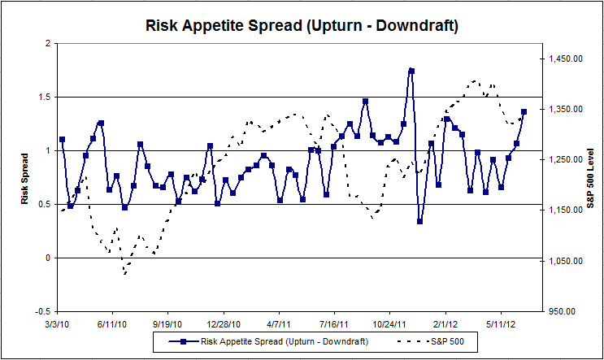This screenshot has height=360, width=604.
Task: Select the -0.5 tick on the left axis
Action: (42, 311)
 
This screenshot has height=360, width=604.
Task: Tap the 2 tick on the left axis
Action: (49, 43)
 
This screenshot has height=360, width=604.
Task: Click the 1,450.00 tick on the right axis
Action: (566, 59)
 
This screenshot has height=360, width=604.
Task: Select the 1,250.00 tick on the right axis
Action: (566, 160)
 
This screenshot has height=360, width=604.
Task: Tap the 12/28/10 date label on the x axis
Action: (223, 323)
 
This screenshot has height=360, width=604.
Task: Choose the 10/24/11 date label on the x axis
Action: (389, 323)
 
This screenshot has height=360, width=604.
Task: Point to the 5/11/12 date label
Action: (501, 323)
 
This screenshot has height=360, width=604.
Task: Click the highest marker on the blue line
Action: (411, 72)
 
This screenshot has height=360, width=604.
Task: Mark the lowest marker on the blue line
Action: (419, 221)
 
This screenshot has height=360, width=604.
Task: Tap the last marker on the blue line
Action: (524, 112)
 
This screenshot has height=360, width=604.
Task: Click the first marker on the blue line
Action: (62, 140)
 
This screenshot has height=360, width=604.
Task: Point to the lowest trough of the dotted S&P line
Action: (125, 274)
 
